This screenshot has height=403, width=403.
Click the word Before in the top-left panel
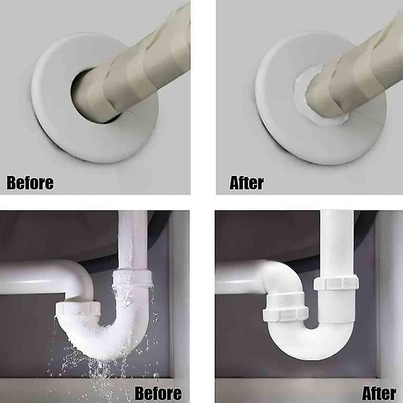[x=30, y=183]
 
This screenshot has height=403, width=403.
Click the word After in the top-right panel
[x=246, y=183]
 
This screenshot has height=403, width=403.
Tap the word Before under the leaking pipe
[x=158, y=393]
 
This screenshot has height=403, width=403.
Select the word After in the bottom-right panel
[x=379, y=393]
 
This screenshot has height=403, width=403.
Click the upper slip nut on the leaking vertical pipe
[x=132, y=278]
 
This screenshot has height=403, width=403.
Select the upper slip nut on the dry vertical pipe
[x=336, y=283]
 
